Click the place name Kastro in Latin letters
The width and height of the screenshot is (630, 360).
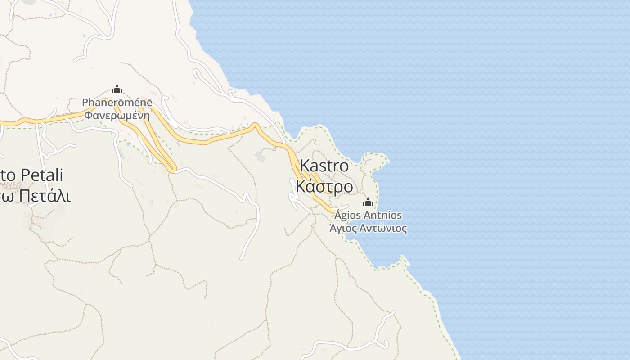[x=324, y=166]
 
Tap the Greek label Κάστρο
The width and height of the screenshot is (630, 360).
[x=324, y=186]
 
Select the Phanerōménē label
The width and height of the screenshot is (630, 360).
[x=117, y=103]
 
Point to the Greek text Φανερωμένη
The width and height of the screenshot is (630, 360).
[x=117, y=115]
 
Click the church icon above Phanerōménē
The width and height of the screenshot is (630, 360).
[x=117, y=90]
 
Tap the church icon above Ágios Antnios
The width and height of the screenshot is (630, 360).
[x=368, y=202]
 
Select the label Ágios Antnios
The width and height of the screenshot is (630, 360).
[x=368, y=215]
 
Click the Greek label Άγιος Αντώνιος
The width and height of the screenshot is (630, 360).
[x=368, y=229]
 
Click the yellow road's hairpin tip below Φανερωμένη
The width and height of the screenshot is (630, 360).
[x=172, y=170]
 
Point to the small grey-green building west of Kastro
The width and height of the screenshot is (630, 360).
[x=260, y=157]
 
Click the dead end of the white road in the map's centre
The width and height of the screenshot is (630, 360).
[x=242, y=258]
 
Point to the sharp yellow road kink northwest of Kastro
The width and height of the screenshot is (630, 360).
[x=255, y=125]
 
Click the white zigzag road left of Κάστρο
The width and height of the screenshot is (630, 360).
[x=295, y=193]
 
